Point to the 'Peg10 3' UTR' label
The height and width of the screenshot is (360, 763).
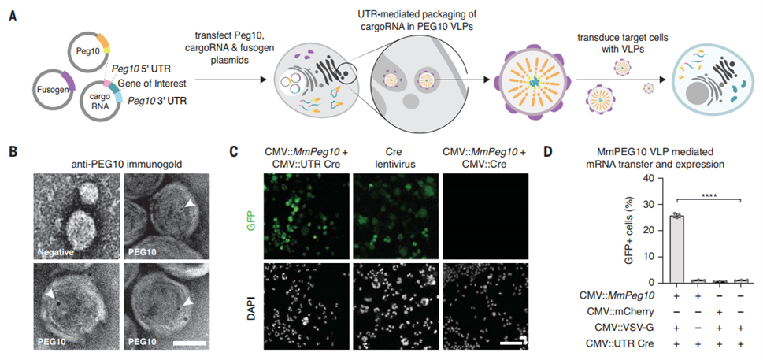[156, 101]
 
